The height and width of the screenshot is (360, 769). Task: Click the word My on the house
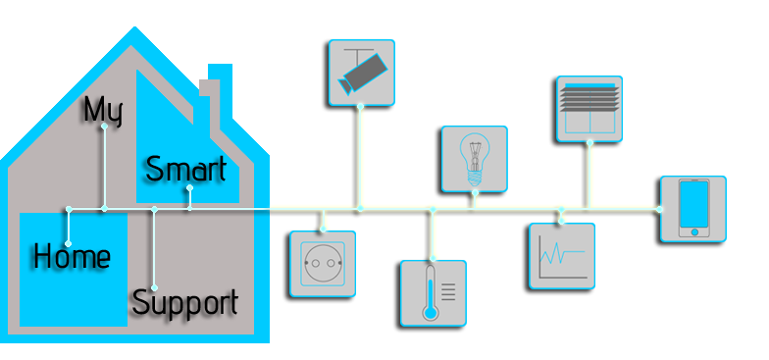[102, 110]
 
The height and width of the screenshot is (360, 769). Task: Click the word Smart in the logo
[185, 169]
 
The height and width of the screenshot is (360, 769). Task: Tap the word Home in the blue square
[71, 257]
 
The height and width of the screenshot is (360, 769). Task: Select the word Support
[184, 302]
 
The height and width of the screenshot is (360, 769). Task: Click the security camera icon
[360, 72]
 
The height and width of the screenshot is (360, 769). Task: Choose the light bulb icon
[474, 157]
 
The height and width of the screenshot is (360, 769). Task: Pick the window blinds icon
[587, 108]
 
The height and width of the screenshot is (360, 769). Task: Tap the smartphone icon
[693, 207]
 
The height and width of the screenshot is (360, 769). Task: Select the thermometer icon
[433, 292]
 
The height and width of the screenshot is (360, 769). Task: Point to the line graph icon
[562, 256]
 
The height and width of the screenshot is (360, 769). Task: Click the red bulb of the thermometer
[428, 315]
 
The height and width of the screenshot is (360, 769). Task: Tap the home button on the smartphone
[693, 231]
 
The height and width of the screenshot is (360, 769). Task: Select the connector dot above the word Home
[69, 209]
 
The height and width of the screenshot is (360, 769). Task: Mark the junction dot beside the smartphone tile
[659, 209]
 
